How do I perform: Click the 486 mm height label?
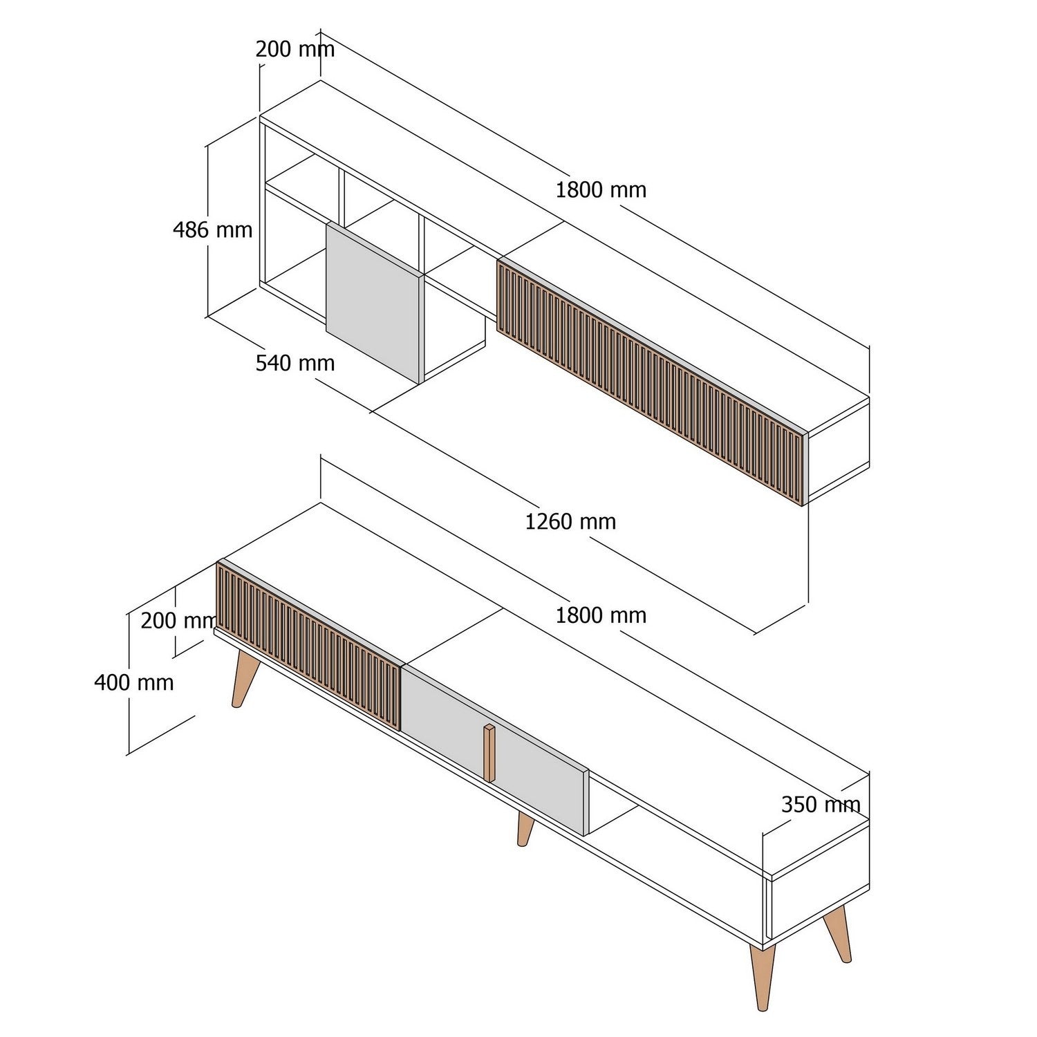(212, 230)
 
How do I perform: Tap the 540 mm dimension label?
(295, 363)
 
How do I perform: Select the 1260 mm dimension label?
(570, 521)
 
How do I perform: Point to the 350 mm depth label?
(821, 805)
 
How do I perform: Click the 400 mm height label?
(134, 683)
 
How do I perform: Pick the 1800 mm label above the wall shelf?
(601, 190)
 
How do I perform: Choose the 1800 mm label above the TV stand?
(601, 615)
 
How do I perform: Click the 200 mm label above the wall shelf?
(295, 49)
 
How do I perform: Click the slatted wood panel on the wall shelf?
(650, 380)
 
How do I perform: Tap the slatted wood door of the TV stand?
(308, 643)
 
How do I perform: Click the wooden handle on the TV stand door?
(489, 753)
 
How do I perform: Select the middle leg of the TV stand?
(525, 828)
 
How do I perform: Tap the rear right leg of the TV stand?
(839, 933)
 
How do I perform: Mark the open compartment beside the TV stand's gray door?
(615, 809)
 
